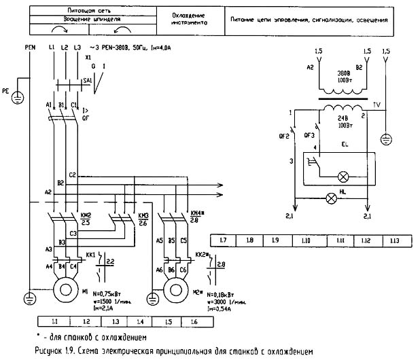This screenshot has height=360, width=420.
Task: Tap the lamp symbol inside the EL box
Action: (343, 177)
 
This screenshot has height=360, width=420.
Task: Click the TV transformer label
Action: (378, 105)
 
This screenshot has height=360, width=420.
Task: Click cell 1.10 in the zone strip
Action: (305, 241)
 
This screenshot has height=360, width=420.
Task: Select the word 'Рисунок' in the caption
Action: (47, 352)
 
